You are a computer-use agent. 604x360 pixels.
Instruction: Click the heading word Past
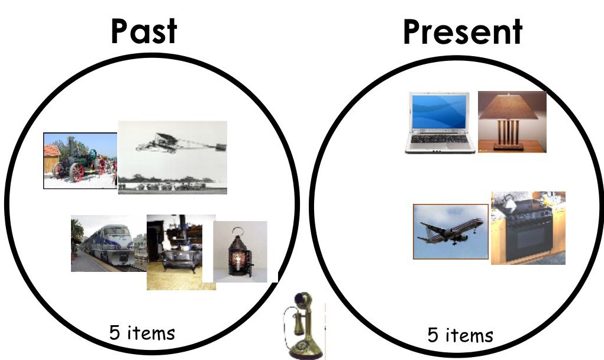[x=144, y=31]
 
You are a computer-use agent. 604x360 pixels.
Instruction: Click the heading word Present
[x=462, y=32]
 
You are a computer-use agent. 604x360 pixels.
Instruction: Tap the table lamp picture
[x=512, y=122]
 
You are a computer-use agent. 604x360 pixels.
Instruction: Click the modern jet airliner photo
[x=451, y=231]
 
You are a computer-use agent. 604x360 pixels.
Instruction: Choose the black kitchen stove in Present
[x=528, y=228]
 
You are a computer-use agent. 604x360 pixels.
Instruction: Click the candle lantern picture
[x=240, y=251]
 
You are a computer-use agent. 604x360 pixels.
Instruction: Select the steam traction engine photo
[x=80, y=161]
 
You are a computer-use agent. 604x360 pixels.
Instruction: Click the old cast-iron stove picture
[x=181, y=252]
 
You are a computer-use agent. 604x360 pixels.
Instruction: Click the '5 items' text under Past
[x=142, y=333]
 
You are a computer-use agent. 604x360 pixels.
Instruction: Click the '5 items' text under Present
[x=460, y=335]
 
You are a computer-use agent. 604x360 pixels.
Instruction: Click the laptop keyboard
[x=440, y=139]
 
